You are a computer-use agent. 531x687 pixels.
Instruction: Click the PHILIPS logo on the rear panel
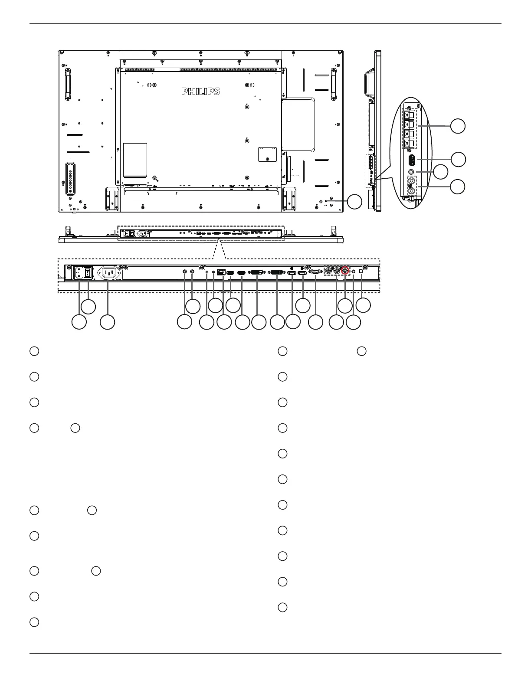pos(200,92)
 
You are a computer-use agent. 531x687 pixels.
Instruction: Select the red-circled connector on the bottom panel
pos(345,270)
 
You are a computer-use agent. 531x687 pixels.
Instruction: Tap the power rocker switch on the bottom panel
pos(88,272)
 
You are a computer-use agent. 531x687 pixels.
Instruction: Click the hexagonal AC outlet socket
pos(108,272)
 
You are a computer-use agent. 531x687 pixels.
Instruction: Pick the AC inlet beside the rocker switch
pos(79,272)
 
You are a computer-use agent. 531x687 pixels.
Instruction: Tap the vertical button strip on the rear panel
pos(70,178)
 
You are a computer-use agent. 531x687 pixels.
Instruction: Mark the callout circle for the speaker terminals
pos(458,126)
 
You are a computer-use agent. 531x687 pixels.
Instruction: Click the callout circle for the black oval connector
pos(458,159)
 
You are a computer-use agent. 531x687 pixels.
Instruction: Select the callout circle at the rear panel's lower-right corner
pos(355,202)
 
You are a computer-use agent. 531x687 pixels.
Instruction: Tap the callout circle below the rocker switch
pos(88,307)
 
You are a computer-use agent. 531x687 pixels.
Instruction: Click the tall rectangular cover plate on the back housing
pos(135,160)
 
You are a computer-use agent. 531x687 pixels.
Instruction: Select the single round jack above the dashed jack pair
pos(411,173)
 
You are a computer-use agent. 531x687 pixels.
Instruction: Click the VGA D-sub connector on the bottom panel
pos(315,272)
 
